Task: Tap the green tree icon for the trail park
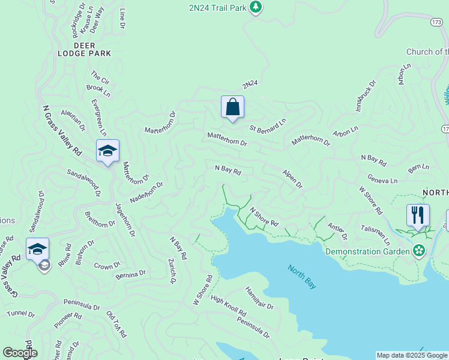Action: point(256,7)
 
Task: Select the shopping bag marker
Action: point(232,108)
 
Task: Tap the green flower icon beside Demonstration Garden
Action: point(419,250)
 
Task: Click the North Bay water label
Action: point(302,277)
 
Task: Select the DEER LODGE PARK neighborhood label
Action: point(92,49)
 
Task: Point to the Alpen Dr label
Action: point(292,179)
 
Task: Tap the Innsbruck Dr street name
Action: point(364,94)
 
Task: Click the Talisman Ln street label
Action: point(375,235)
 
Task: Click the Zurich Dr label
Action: point(173,271)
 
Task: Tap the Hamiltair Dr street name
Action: point(259,298)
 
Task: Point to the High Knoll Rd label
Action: point(228,307)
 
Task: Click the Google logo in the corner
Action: point(20,353)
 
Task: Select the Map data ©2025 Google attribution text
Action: point(411,355)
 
